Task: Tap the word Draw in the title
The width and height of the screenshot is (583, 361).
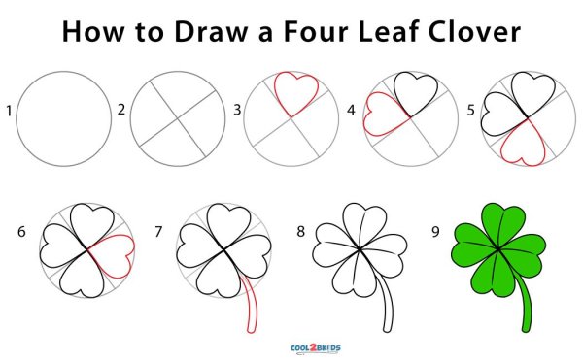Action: [x=211, y=31]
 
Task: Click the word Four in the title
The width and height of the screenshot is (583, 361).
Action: [x=316, y=31]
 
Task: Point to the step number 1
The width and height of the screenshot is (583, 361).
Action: [x=9, y=111]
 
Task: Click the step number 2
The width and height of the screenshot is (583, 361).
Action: [x=121, y=110]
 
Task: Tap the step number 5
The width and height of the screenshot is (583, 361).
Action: [x=470, y=110]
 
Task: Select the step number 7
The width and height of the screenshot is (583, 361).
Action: [x=158, y=231]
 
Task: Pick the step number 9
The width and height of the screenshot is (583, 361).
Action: [x=435, y=231]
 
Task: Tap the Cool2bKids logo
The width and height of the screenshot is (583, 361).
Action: [x=315, y=348]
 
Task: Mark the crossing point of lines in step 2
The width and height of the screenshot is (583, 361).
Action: [x=178, y=118]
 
